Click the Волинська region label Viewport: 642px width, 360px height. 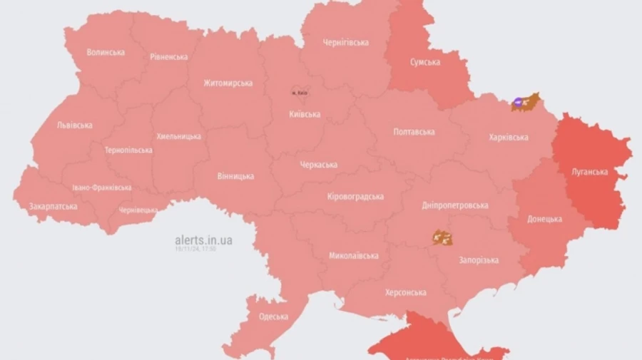pyautogui.click(x=106, y=52)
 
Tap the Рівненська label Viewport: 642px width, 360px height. pyautogui.click(x=169, y=56)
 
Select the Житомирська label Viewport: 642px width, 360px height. pyautogui.click(x=228, y=83)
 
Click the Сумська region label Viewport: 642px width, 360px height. pyautogui.click(x=425, y=62)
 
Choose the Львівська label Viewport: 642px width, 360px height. pyautogui.click(x=74, y=125)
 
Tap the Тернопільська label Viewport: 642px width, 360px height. pyautogui.click(x=128, y=150)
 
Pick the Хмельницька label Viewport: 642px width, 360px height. pyautogui.click(x=178, y=136)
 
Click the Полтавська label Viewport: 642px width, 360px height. pyautogui.click(x=414, y=132)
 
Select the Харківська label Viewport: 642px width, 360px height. pyautogui.click(x=509, y=137)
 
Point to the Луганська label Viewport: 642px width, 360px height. pyautogui.click(x=590, y=172)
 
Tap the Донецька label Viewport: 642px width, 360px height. pyautogui.click(x=545, y=219)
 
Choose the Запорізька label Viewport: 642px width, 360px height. pyautogui.click(x=479, y=261)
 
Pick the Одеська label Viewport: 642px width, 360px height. pyautogui.click(x=274, y=317)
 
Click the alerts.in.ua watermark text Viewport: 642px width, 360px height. pyautogui.click(x=203, y=240)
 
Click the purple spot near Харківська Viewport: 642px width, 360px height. pyautogui.click(x=517, y=103)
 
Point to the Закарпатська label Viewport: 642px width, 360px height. pyautogui.click(x=53, y=206)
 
